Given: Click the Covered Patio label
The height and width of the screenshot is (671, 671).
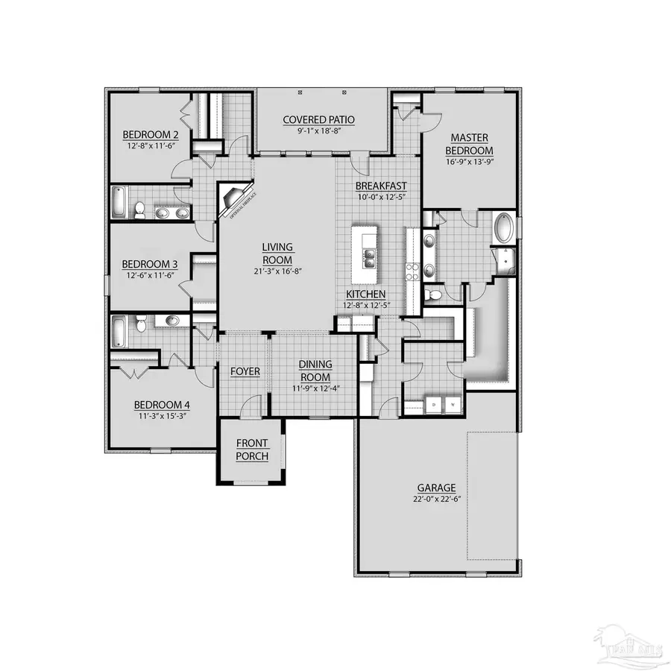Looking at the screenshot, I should click(318, 119).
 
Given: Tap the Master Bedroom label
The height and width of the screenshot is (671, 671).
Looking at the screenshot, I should click(469, 143).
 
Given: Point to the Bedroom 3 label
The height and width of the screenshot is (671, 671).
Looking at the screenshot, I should click(150, 264).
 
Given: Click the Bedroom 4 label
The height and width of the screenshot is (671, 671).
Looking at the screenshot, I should click(162, 405).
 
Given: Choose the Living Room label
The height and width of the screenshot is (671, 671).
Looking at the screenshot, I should click(277, 253).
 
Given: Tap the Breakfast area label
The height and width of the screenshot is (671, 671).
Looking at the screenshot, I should click(379, 186).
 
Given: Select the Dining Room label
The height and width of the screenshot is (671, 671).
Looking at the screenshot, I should click(315, 370).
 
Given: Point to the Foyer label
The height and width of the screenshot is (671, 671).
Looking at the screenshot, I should click(245, 371).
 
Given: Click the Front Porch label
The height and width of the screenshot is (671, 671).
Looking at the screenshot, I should click(251, 450).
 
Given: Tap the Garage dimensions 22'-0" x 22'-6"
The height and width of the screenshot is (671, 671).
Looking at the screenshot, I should click(437, 499).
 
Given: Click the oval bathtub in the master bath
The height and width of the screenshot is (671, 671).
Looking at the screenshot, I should click(504, 227).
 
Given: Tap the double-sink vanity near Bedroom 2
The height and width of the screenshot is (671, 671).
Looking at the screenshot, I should click(171, 212).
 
